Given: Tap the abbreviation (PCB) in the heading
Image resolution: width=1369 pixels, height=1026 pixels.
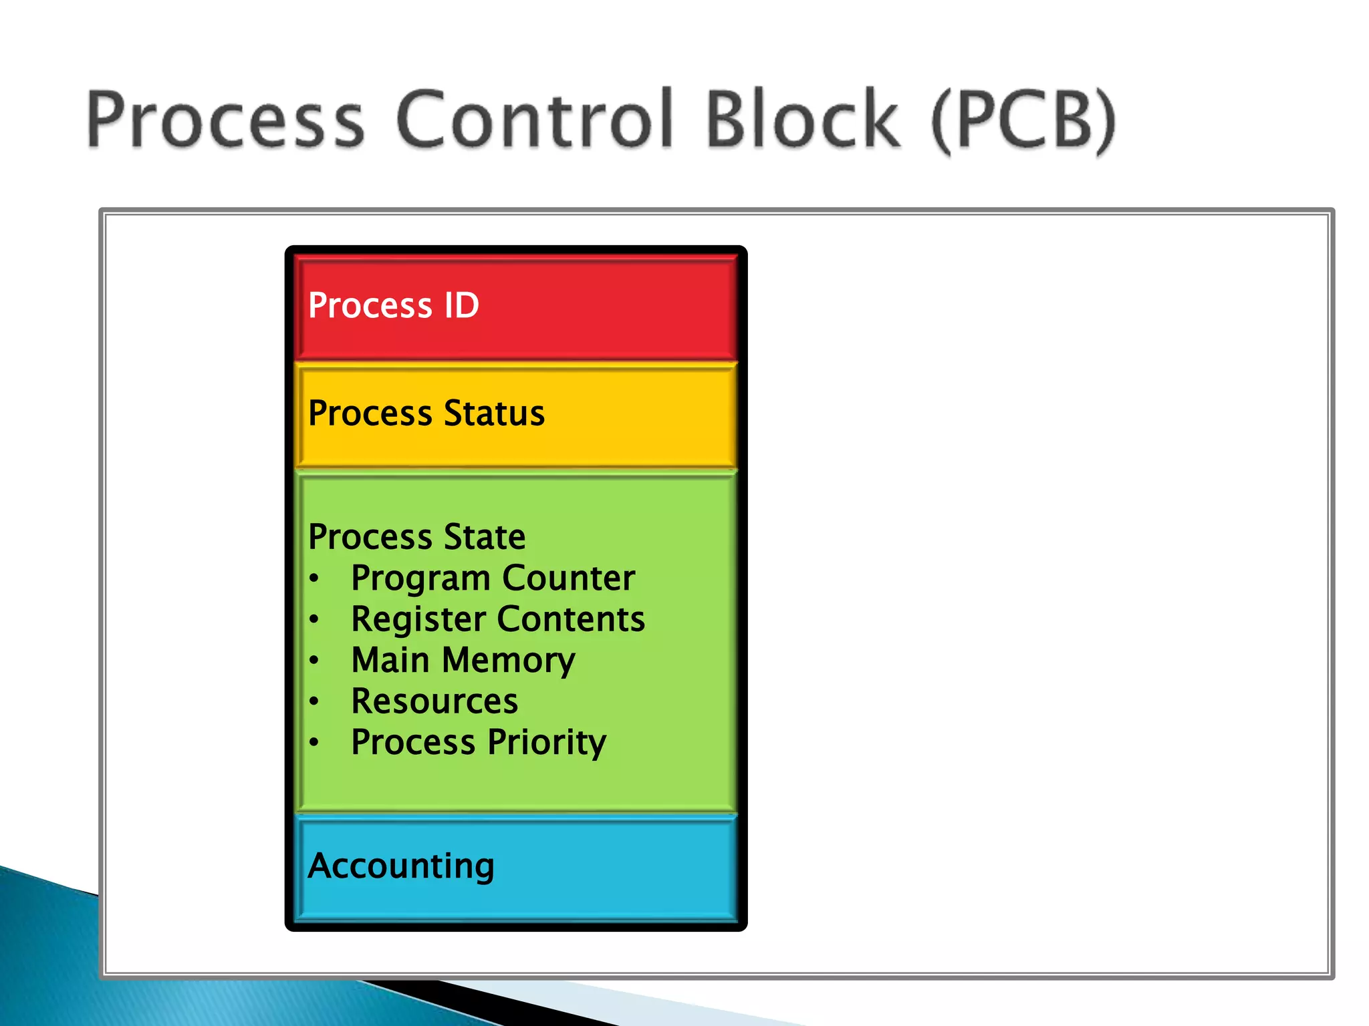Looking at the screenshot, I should pyautogui.click(x=1023, y=120).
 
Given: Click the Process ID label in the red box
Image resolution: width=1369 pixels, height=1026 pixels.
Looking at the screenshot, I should pyautogui.click(x=393, y=306).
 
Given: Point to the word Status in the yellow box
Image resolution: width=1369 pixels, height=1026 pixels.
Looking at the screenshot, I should pyautogui.click(x=494, y=413).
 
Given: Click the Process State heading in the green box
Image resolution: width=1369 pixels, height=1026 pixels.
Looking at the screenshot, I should pyautogui.click(x=416, y=536).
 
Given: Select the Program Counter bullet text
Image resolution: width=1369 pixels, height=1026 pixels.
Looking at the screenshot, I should pyautogui.click(x=493, y=578).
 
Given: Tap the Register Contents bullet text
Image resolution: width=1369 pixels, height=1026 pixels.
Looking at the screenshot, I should pyautogui.click(x=498, y=619).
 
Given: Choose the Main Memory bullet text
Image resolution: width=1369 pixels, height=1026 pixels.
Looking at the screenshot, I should pyautogui.click(x=463, y=661).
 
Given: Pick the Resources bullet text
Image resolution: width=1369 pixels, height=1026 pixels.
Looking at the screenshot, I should pyautogui.click(x=434, y=701).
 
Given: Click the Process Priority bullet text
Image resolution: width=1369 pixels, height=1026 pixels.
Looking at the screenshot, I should pyautogui.click(x=479, y=743).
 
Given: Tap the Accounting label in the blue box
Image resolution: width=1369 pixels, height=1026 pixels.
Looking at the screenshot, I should pyautogui.click(x=401, y=866).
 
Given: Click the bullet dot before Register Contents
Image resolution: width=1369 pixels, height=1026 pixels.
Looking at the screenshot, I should pyautogui.click(x=314, y=619).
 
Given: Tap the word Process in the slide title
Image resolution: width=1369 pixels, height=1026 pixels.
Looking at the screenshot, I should pyautogui.click(x=225, y=120).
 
